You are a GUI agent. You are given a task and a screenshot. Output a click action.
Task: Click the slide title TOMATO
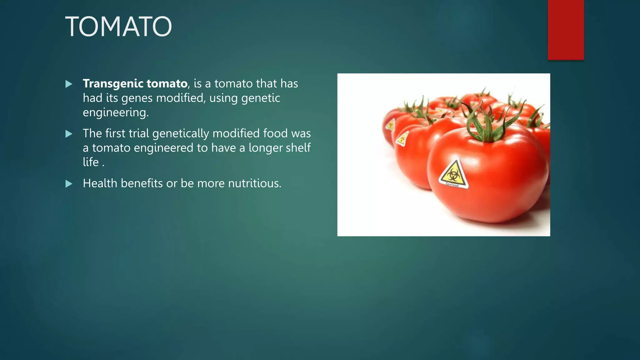(x=118, y=27)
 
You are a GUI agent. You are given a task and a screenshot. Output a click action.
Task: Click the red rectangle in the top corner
(x=566, y=30)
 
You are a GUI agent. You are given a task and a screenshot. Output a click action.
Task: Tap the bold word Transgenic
(x=113, y=84)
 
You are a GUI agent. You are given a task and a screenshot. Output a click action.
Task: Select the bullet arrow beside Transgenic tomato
(x=69, y=84)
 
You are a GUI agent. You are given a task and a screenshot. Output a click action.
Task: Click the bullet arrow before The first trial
(x=69, y=134)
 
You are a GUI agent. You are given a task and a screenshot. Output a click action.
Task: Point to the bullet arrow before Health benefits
(x=69, y=184)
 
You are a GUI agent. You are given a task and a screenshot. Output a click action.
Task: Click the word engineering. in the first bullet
(x=116, y=112)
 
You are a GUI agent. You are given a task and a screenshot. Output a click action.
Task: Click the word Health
(x=100, y=183)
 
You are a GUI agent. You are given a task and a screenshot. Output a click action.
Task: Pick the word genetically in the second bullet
(x=181, y=134)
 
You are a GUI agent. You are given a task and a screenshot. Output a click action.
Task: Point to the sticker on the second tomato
(x=402, y=138)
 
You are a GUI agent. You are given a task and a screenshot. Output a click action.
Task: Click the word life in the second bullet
(x=91, y=162)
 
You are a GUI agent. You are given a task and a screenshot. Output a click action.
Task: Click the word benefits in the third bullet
(x=142, y=183)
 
